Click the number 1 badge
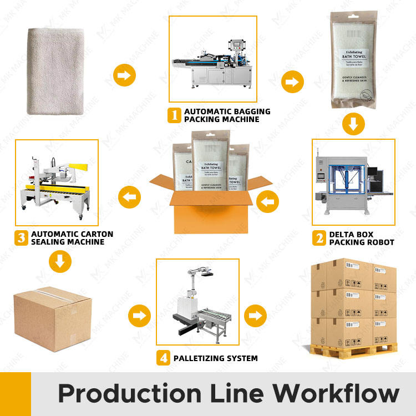[175, 115]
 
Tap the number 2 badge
[319, 238]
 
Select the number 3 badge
[21, 238]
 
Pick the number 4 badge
[163, 358]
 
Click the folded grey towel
[55, 70]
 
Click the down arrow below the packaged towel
[353, 123]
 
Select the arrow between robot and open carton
[269, 201]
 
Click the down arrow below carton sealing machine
[60, 260]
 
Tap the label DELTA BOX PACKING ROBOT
[361, 238]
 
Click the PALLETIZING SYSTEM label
[215, 358]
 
